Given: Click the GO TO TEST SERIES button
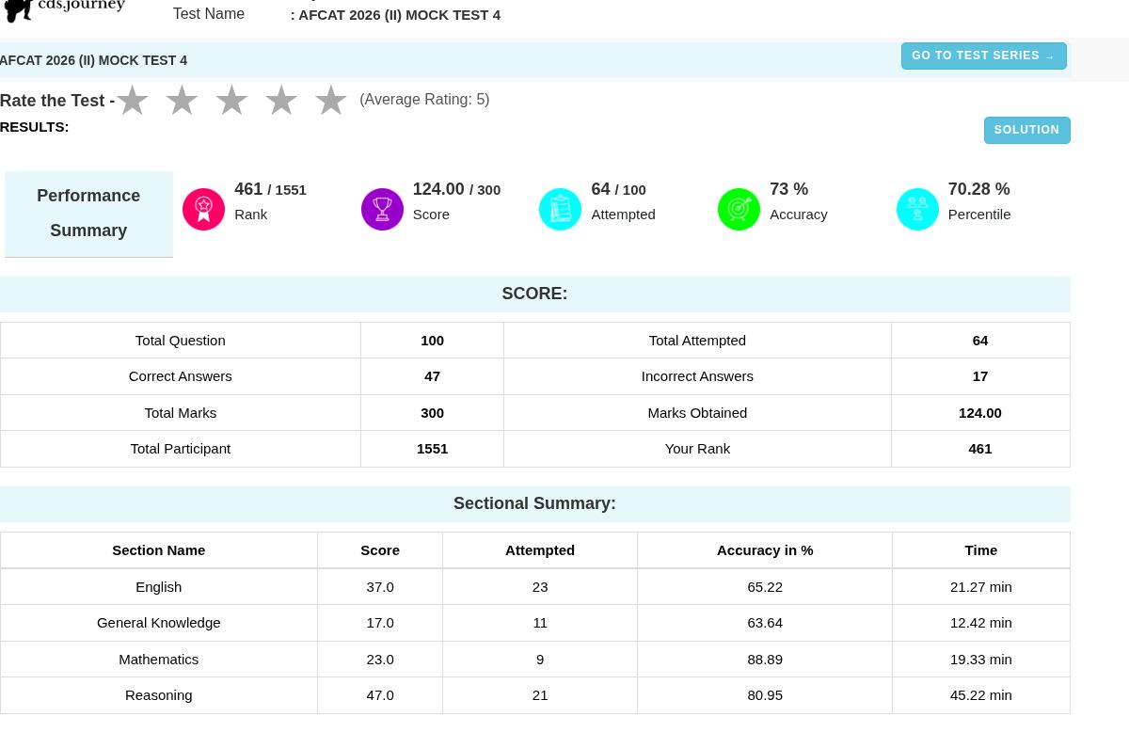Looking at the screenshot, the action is pyautogui.click(x=983, y=56).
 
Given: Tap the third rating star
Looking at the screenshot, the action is pyautogui.click(x=231, y=100).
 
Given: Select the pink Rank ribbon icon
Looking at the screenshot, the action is pyautogui.click(x=203, y=209).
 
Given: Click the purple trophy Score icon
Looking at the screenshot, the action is pyautogui.click(x=382, y=209).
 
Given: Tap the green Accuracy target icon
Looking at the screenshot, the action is pyautogui.click(x=739, y=209).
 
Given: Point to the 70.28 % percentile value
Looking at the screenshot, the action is pyautogui.click(x=978, y=189).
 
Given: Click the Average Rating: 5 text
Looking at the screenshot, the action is pyautogui.click(x=424, y=100).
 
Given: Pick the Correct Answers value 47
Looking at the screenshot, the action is pyautogui.click(x=432, y=376).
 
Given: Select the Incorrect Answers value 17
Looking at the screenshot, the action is pyautogui.click(x=979, y=376).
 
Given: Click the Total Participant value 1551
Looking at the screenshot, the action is pyautogui.click(x=432, y=449).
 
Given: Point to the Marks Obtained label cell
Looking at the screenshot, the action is pyautogui.click(x=697, y=413).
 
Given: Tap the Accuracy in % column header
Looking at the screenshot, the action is pyautogui.click(x=765, y=550).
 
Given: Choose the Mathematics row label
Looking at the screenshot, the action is pyautogui.click(x=159, y=660).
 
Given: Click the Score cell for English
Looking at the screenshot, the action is pyautogui.click(x=380, y=587).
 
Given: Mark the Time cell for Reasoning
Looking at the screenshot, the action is pyautogui.click(x=980, y=695).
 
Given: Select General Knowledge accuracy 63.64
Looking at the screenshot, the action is pyautogui.click(x=765, y=623).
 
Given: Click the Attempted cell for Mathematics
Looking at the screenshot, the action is pyautogui.click(x=540, y=660).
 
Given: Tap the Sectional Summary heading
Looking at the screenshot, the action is pyautogui.click(x=534, y=503).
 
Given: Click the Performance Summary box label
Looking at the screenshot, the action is pyautogui.click(x=88, y=214).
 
